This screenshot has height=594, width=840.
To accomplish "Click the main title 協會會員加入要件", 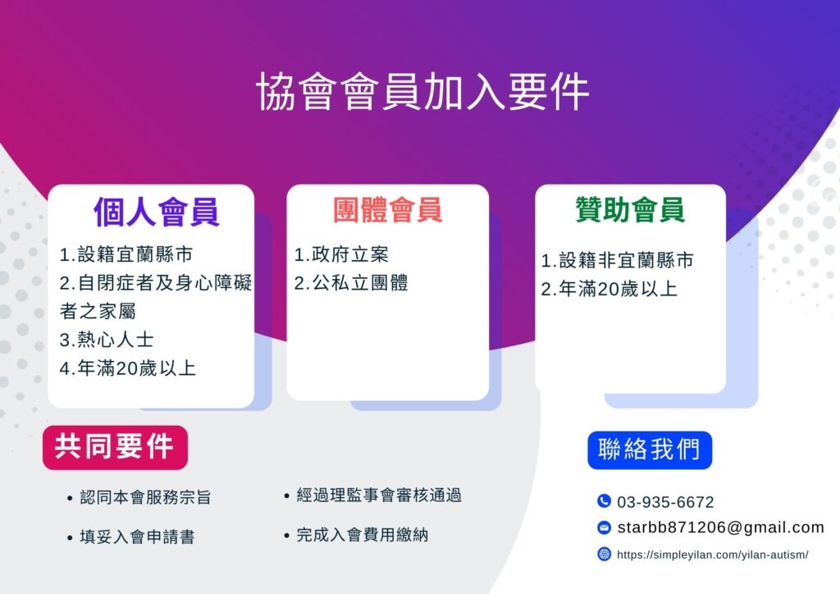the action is [422, 92].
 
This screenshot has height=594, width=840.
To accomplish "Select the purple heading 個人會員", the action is [157, 212].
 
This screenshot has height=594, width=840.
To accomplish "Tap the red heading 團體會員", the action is [388, 209].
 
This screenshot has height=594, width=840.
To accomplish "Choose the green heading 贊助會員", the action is [630, 209].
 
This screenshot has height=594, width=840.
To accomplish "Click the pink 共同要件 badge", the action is [115, 447].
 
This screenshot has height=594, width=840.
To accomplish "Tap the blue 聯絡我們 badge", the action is [650, 450].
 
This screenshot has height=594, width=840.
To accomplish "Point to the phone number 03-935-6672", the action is [665, 502].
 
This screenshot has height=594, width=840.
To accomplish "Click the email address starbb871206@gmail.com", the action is [720, 528].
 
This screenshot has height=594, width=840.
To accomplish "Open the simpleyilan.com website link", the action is [713, 555].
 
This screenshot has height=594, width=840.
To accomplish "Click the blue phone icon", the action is [604, 500].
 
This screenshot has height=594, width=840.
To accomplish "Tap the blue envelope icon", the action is [604, 528].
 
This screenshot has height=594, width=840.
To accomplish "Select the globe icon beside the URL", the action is [604, 554].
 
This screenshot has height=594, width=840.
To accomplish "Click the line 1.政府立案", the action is [341, 254].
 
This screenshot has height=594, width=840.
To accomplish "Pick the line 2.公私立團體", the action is [351, 283].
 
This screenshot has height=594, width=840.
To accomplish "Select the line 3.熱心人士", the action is [107, 340].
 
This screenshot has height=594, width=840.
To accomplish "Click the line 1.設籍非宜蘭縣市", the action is [617, 260].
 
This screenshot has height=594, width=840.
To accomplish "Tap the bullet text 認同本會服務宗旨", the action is [145, 497].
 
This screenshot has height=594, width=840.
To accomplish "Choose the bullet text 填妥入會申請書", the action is [137, 537].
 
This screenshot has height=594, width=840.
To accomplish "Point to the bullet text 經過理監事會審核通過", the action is [379, 496].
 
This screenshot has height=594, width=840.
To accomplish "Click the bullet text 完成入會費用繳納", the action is [362, 535].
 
